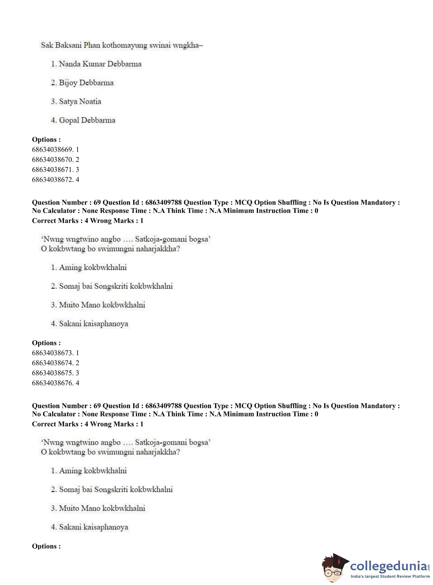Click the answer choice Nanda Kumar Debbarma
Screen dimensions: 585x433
(96, 64)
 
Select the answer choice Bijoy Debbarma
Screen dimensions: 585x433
(82, 83)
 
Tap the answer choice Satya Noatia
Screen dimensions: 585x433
(76, 101)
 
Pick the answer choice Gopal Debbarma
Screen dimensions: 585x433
(83, 120)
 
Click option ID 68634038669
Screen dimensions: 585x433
(55, 149)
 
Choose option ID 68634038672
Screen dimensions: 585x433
(55, 180)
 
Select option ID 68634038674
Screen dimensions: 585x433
(55, 363)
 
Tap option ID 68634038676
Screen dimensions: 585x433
(55, 383)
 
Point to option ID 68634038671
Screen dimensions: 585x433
(55, 170)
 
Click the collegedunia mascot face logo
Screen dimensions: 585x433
(334, 568)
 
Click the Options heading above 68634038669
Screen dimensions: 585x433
(46, 139)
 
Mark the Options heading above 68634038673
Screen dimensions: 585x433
(46, 343)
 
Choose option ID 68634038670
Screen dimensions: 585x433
(55, 159)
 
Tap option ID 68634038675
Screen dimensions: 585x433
(55, 373)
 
